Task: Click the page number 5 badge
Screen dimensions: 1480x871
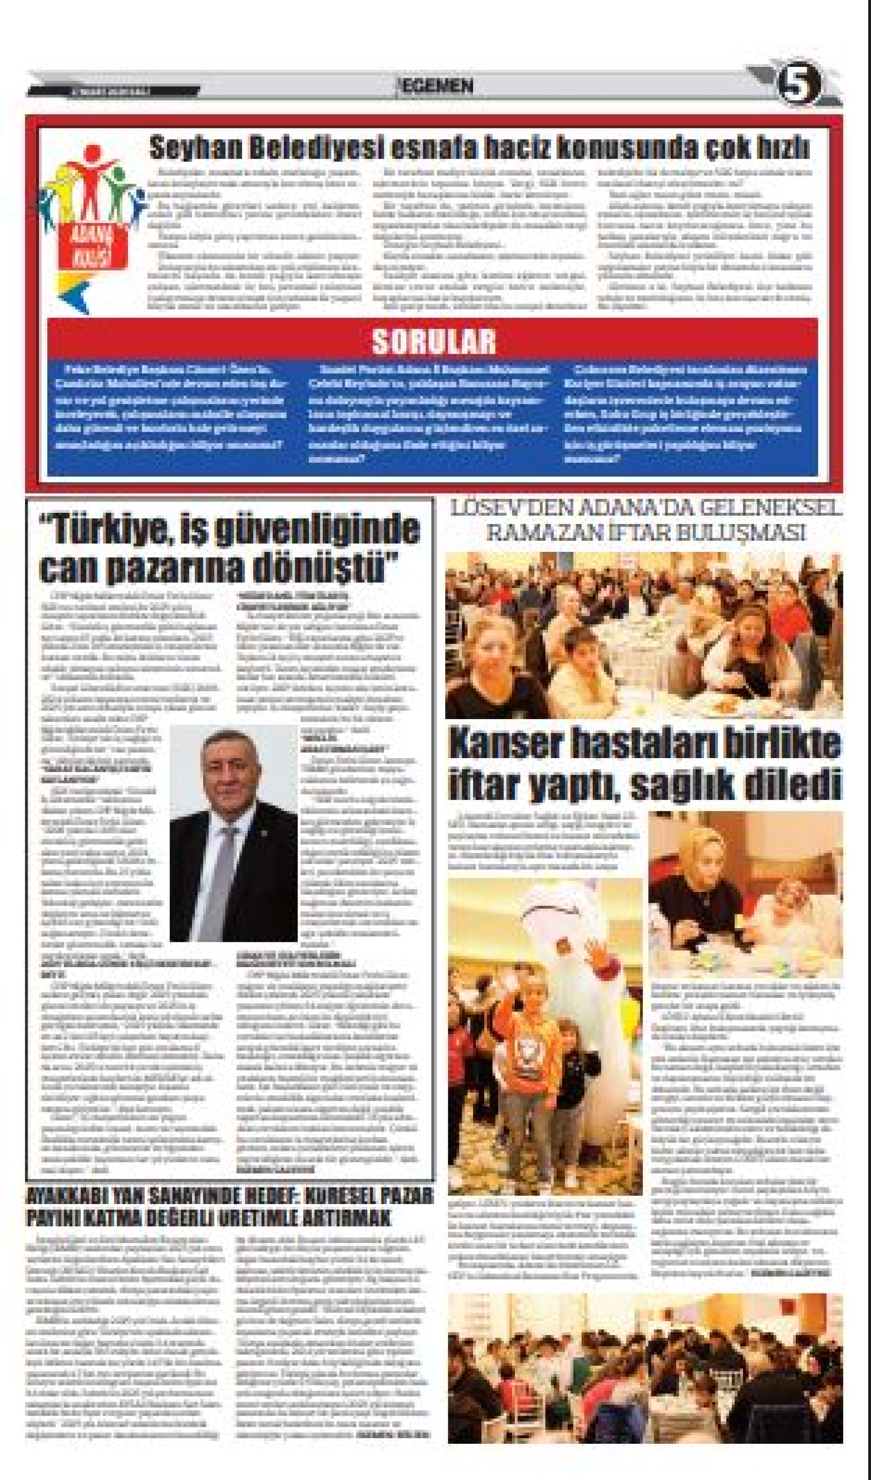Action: click(798, 86)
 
